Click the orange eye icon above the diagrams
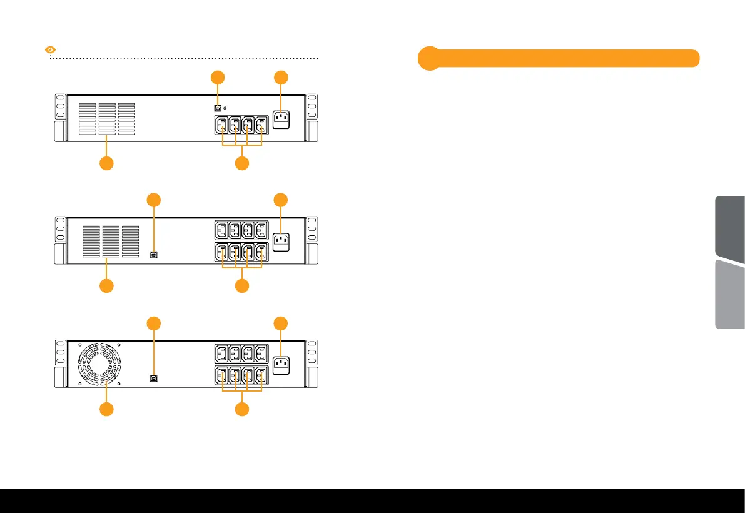point(53,49)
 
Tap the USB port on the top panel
point(217,108)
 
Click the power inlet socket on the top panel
point(281,118)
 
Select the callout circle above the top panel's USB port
point(217,78)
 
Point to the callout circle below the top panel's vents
point(106,164)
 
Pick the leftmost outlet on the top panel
point(221,125)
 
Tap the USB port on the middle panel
point(153,255)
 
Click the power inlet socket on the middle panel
point(281,241)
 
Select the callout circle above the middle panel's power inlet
point(281,200)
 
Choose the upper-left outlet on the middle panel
point(221,230)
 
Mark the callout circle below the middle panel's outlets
point(242,287)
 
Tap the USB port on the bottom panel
point(153,378)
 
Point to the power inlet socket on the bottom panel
point(281,364)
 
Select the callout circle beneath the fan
point(106,410)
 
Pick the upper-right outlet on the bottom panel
point(263,353)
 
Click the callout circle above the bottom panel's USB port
point(154,323)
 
